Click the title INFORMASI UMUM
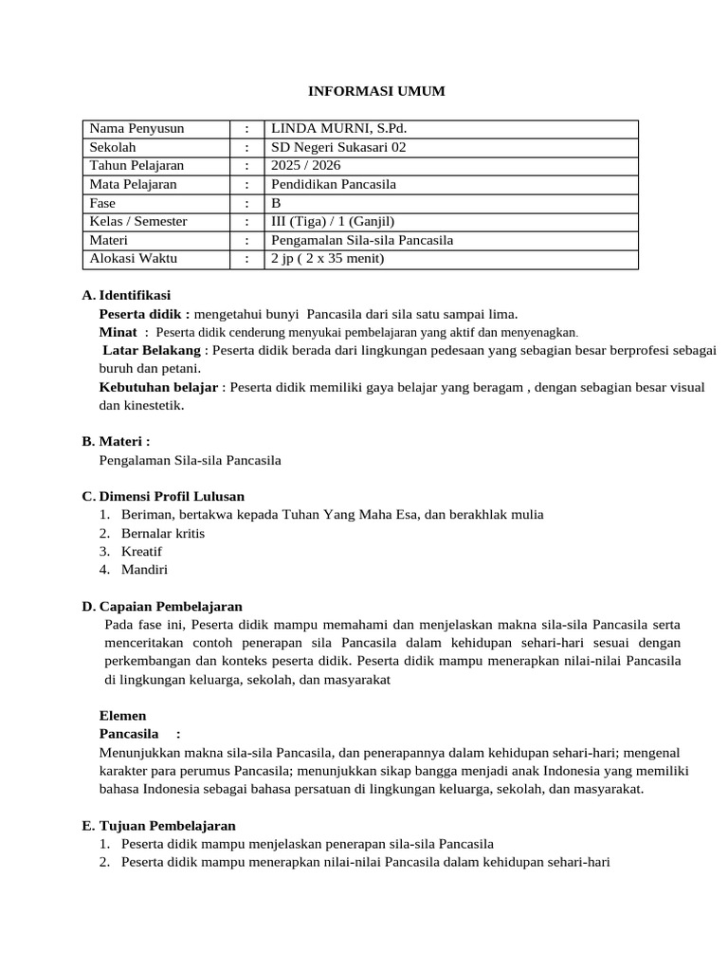click(376, 91)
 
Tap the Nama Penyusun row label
click(136, 129)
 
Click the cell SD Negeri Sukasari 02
click(338, 147)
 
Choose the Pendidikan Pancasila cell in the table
click(334, 184)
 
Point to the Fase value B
click(277, 203)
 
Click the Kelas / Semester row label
click(138, 221)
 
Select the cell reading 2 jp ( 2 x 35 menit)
click(328, 258)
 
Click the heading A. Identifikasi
click(127, 296)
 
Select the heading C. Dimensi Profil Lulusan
click(163, 496)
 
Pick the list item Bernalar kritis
click(163, 533)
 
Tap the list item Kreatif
click(141, 551)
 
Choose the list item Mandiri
click(144, 570)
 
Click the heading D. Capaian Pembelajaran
click(162, 606)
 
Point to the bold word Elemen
click(123, 716)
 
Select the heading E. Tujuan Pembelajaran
click(159, 826)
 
